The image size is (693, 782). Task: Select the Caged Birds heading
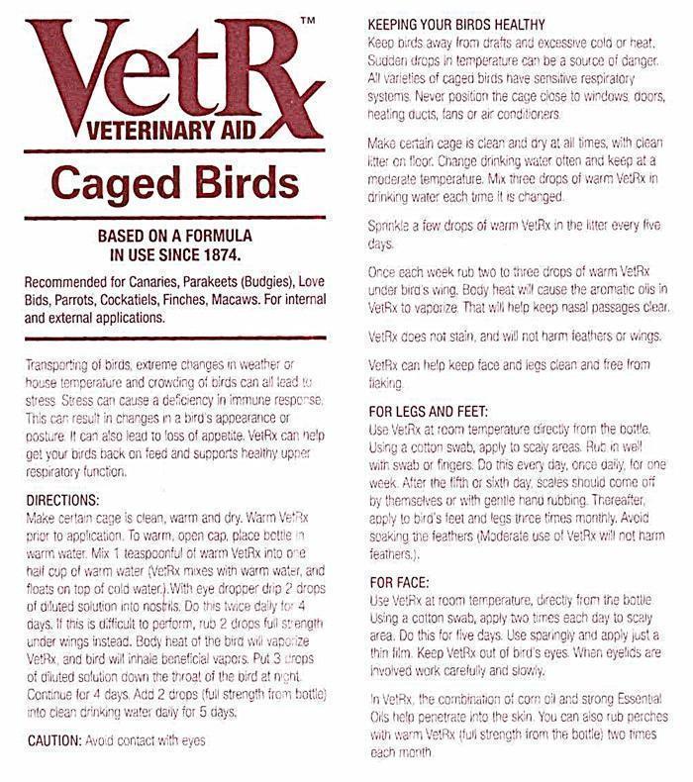coord(163,185)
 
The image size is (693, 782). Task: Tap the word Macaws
coord(251,302)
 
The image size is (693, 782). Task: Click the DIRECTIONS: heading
coord(63,474)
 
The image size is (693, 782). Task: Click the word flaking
coord(384,382)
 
